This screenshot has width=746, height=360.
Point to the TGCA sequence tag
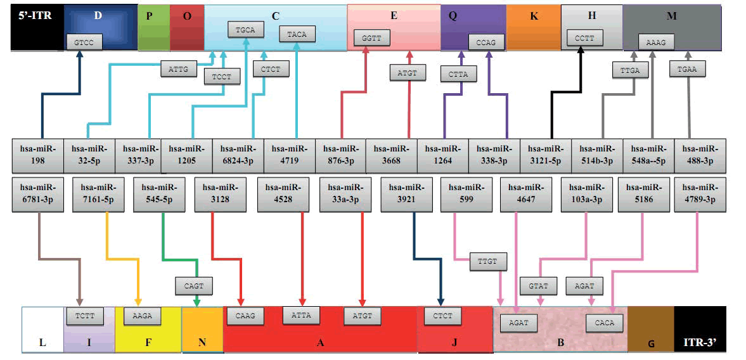pos(245,29)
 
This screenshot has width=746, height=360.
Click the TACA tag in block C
pos(297,34)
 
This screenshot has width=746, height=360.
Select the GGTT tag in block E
pos(371,38)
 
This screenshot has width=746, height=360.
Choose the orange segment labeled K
pos(534,27)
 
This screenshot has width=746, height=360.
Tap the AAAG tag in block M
pos(656,42)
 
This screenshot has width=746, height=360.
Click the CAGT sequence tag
pos(193,286)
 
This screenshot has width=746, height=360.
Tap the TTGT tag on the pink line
pos(488,261)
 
